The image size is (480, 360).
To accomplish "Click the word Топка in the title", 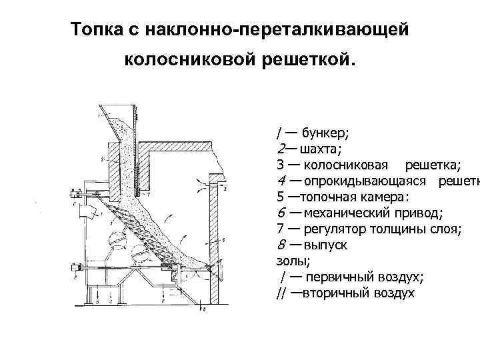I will pyautogui.click(x=91, y=31).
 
